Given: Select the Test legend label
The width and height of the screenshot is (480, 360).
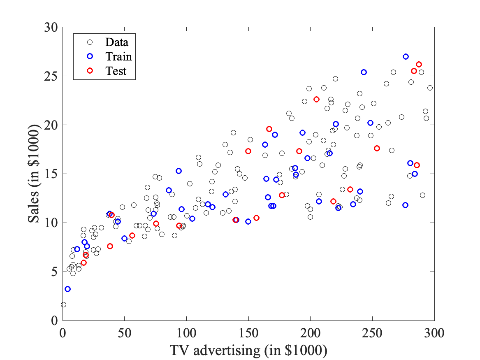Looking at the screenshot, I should click(116, 71).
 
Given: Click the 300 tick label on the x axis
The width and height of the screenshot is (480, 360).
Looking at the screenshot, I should click(434, 332).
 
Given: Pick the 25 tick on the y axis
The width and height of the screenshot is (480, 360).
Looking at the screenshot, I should click(63, 76).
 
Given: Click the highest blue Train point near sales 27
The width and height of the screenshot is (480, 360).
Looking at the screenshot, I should click(406, 56).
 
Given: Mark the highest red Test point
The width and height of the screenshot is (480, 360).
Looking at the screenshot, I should click(419, 64).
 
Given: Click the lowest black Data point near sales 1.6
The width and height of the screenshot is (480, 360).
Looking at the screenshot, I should click(63, 304).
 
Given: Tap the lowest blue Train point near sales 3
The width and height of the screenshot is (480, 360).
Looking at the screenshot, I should click(67, 289).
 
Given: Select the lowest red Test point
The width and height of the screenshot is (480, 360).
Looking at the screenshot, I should click(83, 262).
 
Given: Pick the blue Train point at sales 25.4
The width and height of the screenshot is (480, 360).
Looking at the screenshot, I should click(364, 72).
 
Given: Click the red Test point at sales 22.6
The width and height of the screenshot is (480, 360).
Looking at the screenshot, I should click(316, 99).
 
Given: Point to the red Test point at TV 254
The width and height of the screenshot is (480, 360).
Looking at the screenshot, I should click(377, 148).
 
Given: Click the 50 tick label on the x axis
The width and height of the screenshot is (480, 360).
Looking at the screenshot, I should click(125, 332).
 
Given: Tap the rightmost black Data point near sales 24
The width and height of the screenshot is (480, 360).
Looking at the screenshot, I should click(430, 88).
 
